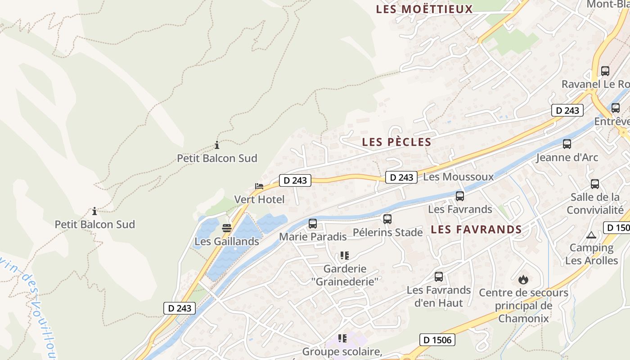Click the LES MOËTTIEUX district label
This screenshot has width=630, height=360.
tap(424, 9)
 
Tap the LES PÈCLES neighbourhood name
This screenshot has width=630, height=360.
tap(396, 142)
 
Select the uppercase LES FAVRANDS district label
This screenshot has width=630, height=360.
tap(476, 229)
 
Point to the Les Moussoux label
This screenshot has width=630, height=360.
tap(459, 177)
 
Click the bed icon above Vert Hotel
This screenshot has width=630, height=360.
tap(259, 186)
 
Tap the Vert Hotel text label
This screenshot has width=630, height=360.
tap(259, 199)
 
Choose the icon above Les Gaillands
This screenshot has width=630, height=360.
tap(227, 228)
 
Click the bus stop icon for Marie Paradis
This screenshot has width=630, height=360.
tap(313, 223)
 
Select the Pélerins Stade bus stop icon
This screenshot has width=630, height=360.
tap(387, 219)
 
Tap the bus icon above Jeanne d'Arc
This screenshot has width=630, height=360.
tap(567, 144)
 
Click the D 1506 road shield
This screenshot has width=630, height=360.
tap(437, 340)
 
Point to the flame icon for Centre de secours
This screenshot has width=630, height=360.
tap(523, 279)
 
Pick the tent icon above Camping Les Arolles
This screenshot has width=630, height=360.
tap(591, 235)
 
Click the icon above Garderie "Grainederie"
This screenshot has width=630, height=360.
tap(345, 256)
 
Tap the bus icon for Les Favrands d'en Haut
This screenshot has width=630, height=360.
tap(439, 277)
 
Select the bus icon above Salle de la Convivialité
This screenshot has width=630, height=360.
tap(595, 184)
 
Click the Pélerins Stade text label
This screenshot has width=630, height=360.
tap(387, 233)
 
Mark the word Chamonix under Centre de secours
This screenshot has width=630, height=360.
tap(523, 319)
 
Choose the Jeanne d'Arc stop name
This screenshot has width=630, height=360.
tap(567, 157)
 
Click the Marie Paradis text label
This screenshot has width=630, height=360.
tap(313, 237)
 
